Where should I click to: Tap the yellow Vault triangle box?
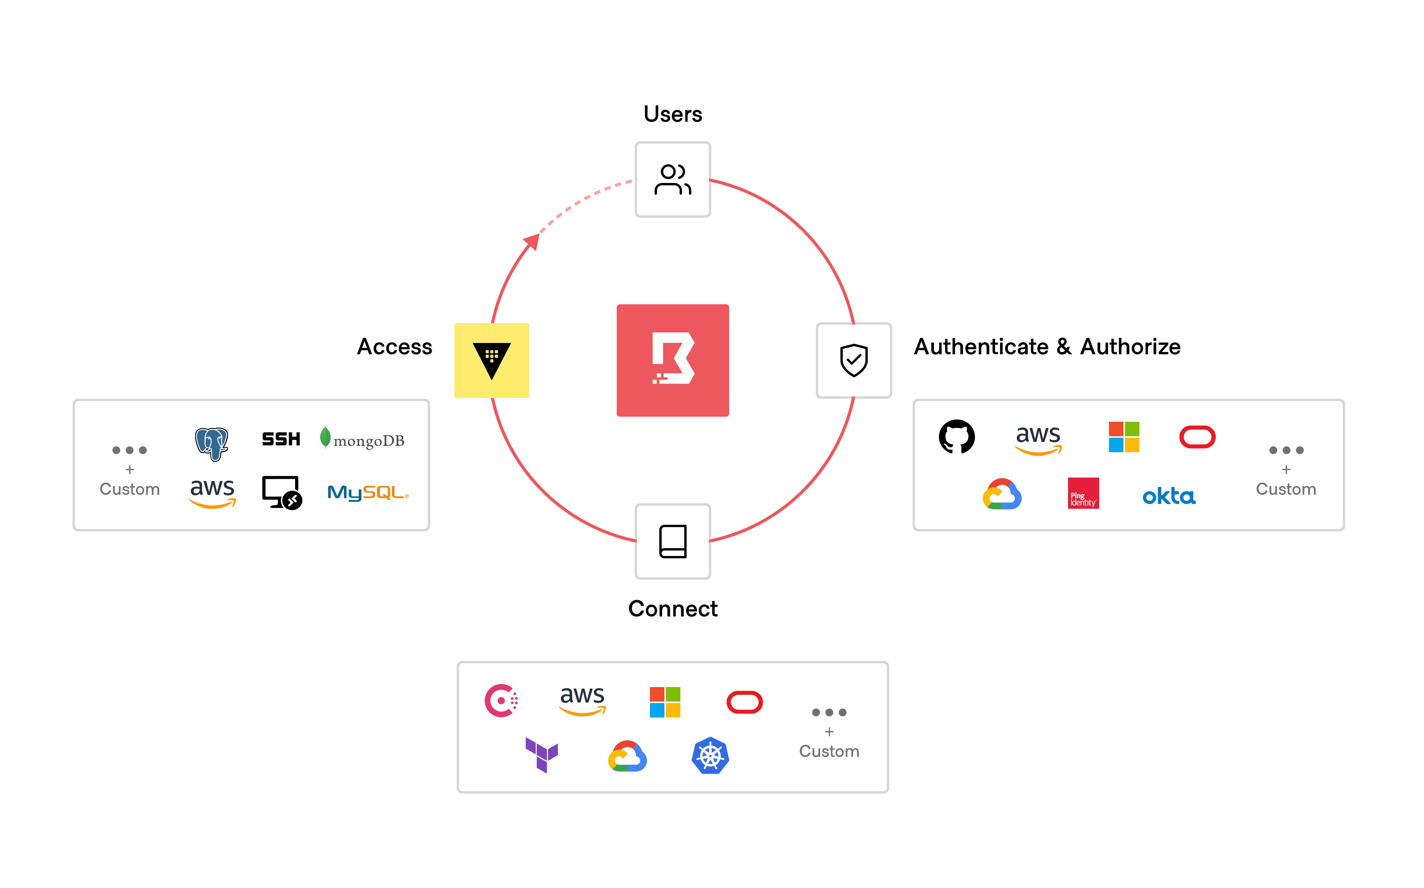coord(492,360)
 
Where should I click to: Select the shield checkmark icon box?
coord(854,360)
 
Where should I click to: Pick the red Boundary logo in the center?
coord(673,360)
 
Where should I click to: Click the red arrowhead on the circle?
coord(532,241)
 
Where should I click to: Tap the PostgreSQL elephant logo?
coord(212,443)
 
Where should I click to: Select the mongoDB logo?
coord(363,439)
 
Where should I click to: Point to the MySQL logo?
coord(368,493)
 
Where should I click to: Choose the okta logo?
coord(1168,496)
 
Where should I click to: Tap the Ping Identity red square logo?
coord(1083,493)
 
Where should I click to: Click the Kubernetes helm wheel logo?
coord(710,756)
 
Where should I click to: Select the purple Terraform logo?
coord(542,755)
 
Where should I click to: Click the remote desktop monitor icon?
coord(282,492)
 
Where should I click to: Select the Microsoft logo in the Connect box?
coord(665,702)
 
